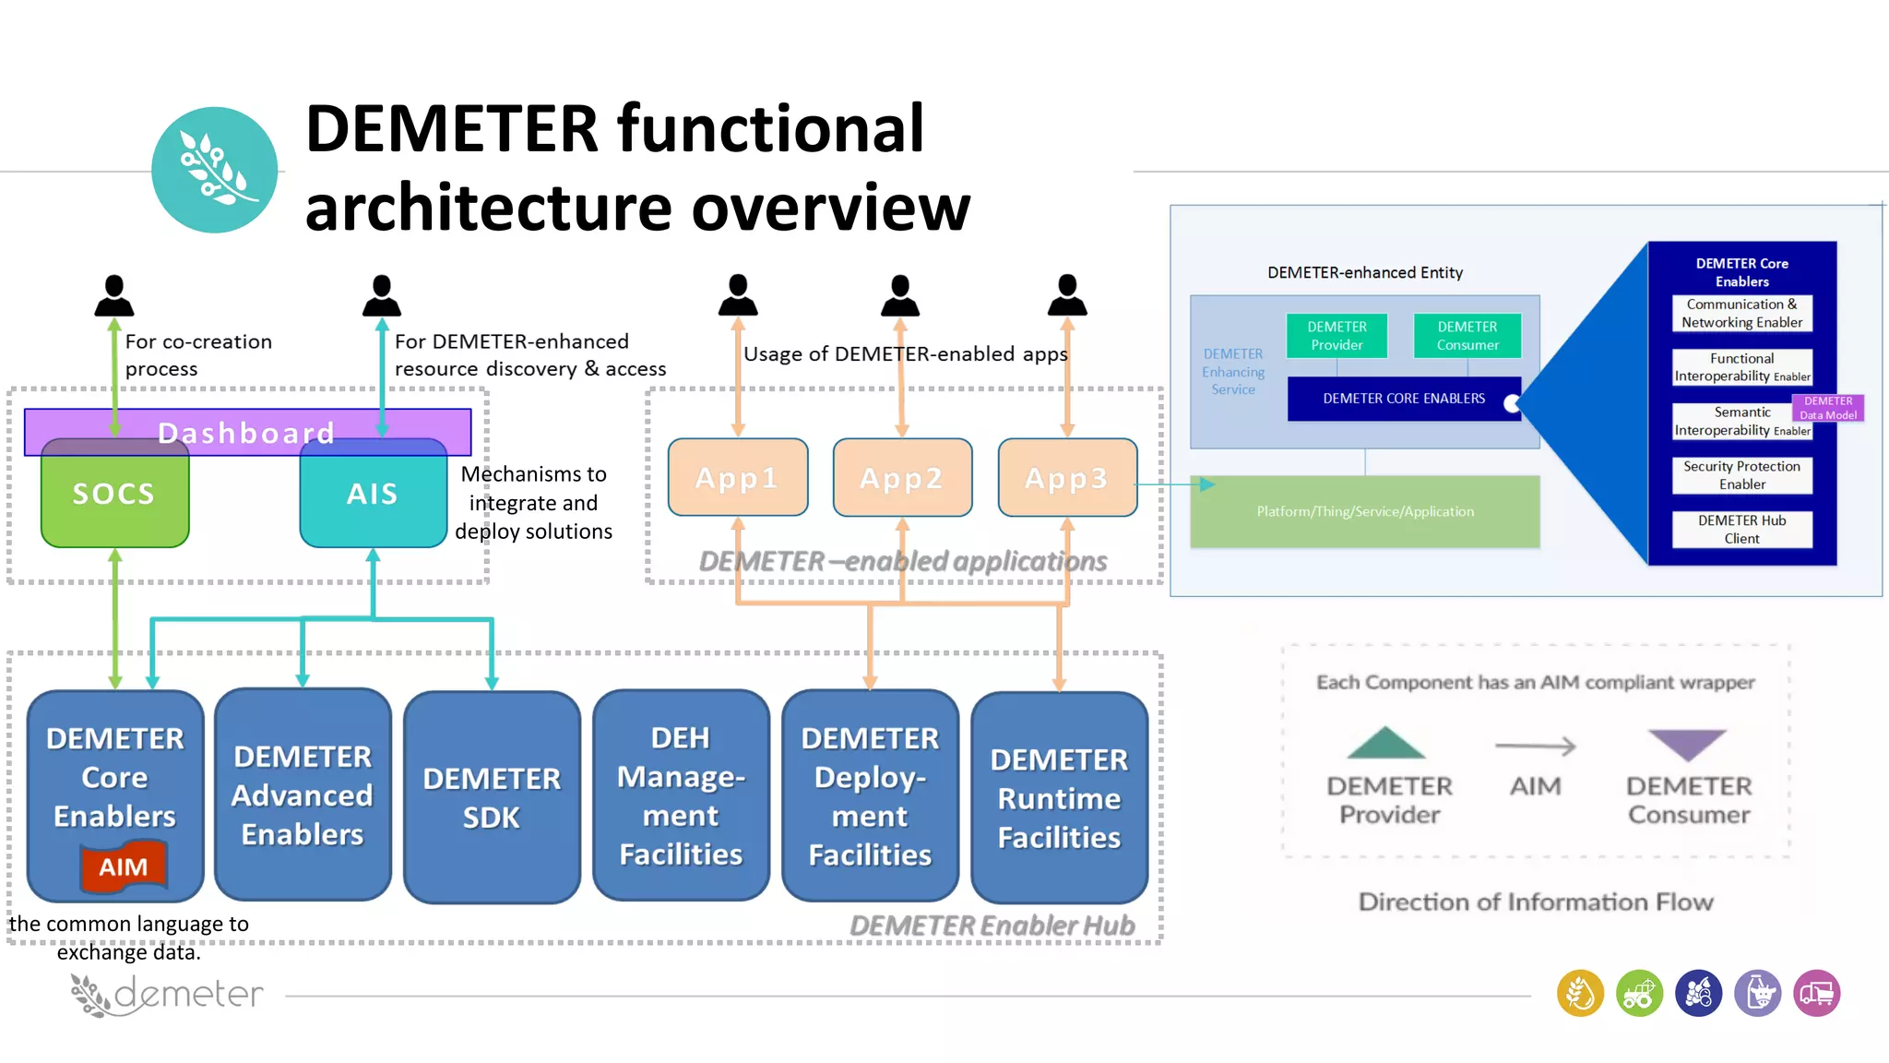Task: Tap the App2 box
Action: tap(901, 478)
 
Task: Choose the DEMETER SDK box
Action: tap(492, 797)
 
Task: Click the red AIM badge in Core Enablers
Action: tap(124, 866)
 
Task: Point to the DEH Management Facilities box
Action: tap(681, 795)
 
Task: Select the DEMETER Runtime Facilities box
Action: tap(1059, 797)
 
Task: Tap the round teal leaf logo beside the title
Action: tap(214, 170)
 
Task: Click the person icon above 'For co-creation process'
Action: tap(114, 295)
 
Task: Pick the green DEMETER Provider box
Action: tap(1337, 336)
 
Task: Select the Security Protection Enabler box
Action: tap(1741, 475)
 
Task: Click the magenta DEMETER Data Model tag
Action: tap(1827, 408)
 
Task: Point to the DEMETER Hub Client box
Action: tap(1741, 530)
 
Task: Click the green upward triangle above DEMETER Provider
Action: tap(1385, 745)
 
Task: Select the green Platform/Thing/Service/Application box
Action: tap(1364, 512)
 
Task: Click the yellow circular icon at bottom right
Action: tap(1580, 994)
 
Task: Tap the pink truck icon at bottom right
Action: tap(1816, 994)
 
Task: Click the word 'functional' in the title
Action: tap(770, 129)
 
